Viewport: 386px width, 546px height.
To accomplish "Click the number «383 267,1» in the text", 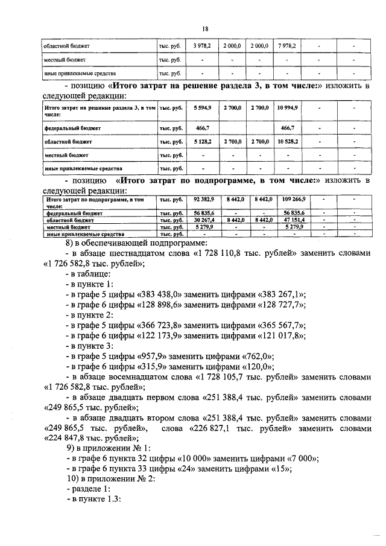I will pyautogui.click(x=283, y=294).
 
